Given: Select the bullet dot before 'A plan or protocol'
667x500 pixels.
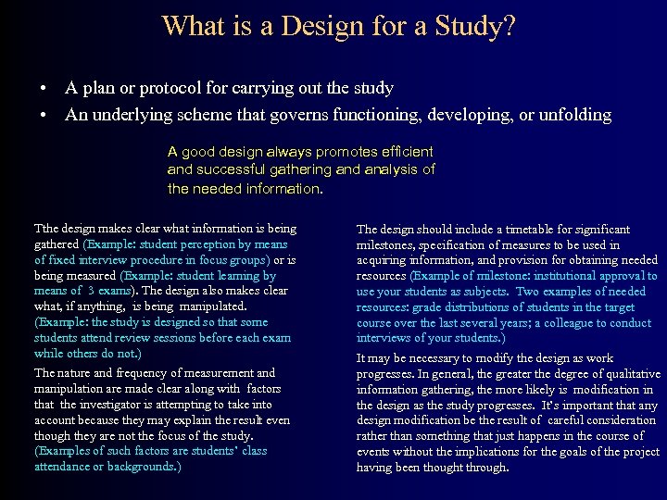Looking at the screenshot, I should coord(44,89).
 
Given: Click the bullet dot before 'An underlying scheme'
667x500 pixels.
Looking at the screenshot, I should coord(44,116).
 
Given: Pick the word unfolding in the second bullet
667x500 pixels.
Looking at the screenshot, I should coord(572,116).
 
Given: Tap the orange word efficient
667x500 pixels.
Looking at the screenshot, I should coord(405,151).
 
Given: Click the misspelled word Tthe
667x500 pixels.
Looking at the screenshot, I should coord(45,229).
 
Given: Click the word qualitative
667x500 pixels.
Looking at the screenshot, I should coord(625,373).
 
